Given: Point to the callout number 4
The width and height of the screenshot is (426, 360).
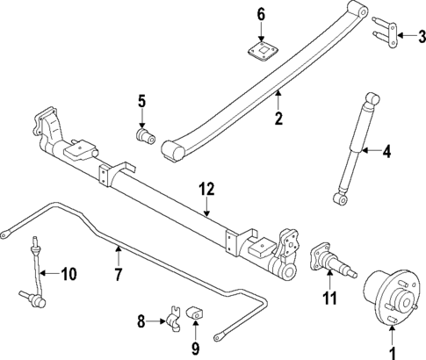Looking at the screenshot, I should tap(385, 153).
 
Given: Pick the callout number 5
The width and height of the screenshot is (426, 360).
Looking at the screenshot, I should tap(141, 103).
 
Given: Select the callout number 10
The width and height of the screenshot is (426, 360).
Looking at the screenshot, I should tap(68, 274).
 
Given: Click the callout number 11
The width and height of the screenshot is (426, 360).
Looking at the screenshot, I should tap(329, 299).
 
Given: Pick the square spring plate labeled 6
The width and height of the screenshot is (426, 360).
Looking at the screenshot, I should tap(260, 51).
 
